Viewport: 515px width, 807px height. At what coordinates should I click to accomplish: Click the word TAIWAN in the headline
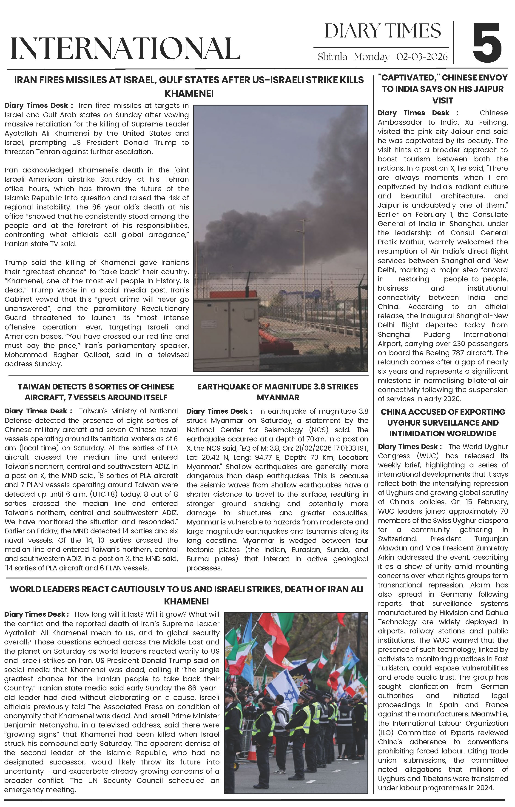pyautogui.click(x=32, y=386)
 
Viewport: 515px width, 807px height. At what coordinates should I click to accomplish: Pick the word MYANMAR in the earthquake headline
pyautogui.click(x=278, y=398)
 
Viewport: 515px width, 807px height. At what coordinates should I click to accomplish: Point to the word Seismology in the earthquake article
pyautogui.click(x=280, y=430)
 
